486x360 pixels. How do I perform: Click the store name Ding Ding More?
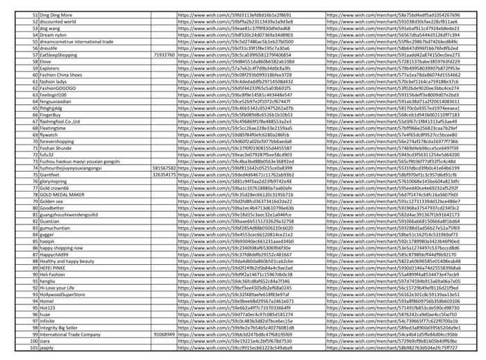[55, 15]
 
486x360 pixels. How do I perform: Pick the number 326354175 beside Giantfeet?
[164, 174]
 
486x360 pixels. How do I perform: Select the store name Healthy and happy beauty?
[65, 260]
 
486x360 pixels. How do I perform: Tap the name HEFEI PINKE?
[53, 267]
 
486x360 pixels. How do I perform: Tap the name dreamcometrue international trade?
[76, 41]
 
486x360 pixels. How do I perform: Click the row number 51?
[34, 15]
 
